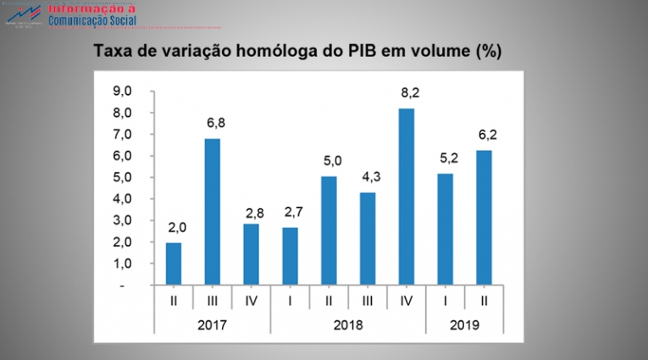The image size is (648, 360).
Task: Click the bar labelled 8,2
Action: [407, 197]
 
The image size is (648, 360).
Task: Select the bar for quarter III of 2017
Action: [212, 212]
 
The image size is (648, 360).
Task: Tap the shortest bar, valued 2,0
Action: [173, 263]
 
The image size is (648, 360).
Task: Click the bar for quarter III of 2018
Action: [368, 239]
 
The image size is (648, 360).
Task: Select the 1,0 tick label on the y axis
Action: [123, 263]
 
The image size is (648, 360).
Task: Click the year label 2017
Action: [212, 324]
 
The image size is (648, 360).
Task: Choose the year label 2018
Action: [348, 324]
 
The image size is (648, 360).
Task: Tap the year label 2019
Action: [465, 324]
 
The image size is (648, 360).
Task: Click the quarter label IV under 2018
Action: [407, 301]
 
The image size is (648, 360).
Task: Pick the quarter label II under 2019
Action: [485, 301]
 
